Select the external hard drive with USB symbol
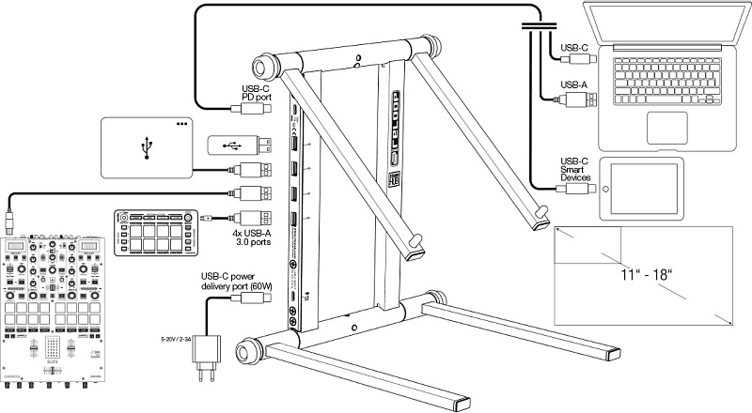tap(145, 146)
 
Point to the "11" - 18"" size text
tap(649, 276)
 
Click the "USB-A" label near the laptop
tap(572, 84)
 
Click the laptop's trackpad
tap(688, 125)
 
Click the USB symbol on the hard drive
tap(145, 147)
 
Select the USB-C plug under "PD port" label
tap(257, 109)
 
